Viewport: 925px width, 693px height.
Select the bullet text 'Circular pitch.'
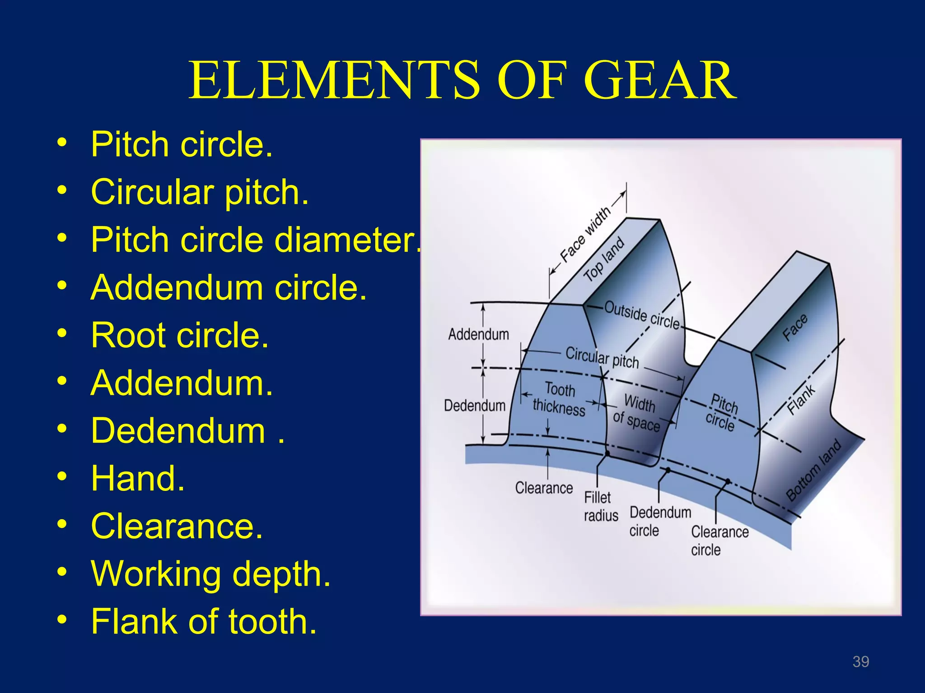[x=199, y=192]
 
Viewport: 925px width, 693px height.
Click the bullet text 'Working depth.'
[x=210, y=574]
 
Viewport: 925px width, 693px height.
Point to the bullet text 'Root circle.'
[x=180, y=335]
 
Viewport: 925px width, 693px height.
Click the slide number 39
[x=860, y=661]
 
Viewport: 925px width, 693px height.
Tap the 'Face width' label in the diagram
[x=585, y=235]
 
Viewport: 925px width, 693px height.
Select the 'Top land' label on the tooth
[x=604, y=259]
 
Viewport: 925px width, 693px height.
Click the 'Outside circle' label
[x=642, y=315]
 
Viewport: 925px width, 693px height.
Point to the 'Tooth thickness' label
[x=559, y=398]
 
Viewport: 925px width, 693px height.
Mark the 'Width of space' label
[x=637, y=412]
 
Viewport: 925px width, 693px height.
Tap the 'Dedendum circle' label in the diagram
[x=659, y=521]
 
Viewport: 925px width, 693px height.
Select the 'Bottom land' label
[x=813, y=470]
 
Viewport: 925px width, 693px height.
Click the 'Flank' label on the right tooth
[x=801, y=400]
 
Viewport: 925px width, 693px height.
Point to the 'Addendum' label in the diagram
[x=478, y=334]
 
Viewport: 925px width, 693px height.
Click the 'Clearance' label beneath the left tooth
[x=544, y=488]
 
